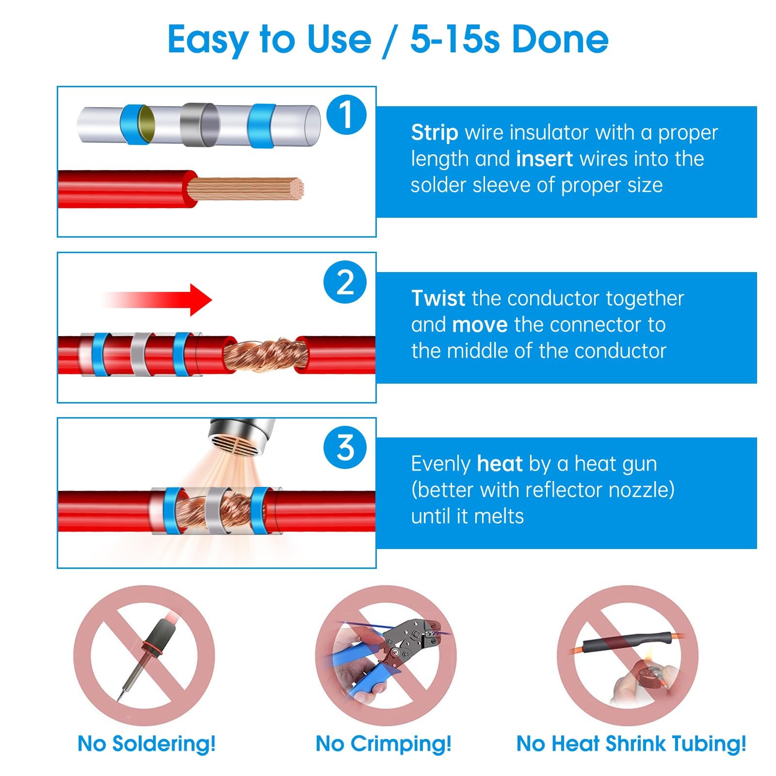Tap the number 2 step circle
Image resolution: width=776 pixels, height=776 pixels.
pos(345,282)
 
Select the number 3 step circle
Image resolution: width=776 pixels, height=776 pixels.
pos(345,448)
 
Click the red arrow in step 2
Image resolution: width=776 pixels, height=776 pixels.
pos(158,300)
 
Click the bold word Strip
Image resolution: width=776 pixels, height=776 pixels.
pos(435,133)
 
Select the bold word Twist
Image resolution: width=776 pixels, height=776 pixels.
pos(438,298)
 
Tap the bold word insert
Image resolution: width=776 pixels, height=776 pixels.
pos(545,159)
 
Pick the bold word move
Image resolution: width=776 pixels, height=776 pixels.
pos(480,325)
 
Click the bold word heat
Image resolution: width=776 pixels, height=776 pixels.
pos(500,464)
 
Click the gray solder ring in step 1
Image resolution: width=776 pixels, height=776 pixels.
pos(200,125)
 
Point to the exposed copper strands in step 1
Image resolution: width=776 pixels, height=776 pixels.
pos(245,188)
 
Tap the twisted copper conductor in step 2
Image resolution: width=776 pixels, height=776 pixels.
pos(265,356)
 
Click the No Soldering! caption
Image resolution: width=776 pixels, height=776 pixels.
pos(146,744)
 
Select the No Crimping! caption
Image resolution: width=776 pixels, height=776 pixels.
pos(384,744)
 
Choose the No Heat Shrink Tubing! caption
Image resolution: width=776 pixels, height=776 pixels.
pos(631,744)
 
